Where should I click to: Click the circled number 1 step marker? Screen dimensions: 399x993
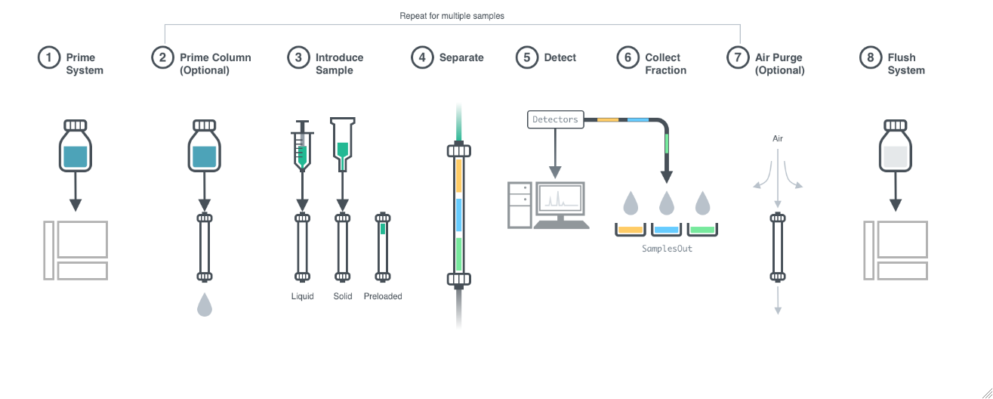pyautogui.click(x=49, y=57)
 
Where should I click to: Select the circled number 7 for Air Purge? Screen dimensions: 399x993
pyautogui.click(x=738, y=57)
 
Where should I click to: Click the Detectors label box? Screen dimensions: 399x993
pyautogui.click(x=555, y=119)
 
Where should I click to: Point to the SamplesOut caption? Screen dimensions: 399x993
pyautogui.click(x=666, y=248)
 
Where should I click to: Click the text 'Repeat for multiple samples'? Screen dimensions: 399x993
pyautogui.click(x=452, y=16)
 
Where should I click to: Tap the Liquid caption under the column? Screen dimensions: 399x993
pyautogui.click(x=302, y=296)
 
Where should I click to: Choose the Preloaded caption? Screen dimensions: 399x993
pyautogui.click(x=383, y=296)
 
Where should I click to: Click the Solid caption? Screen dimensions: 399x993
pyautogui.click(x=343, y=296)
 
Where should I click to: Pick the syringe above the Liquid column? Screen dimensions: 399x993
pyautogui.click(x=302, y=147)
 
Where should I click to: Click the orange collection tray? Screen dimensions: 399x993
pyautogui.click(x=631, y=229)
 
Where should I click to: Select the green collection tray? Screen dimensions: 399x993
pyautogui.click(x=702, y=229)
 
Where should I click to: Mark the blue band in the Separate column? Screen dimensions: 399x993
pyautogui.click(x=458, y=214)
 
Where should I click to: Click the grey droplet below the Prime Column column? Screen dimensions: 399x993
pyautogui.click(x=204, y=305)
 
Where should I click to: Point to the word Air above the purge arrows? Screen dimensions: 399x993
pyautogui.click(x=778, y=139)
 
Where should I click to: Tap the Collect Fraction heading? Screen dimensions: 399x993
pyautogui.click(x=665, y=63)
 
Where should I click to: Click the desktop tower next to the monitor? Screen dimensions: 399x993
pyautogui.click(x=520, y=204)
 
